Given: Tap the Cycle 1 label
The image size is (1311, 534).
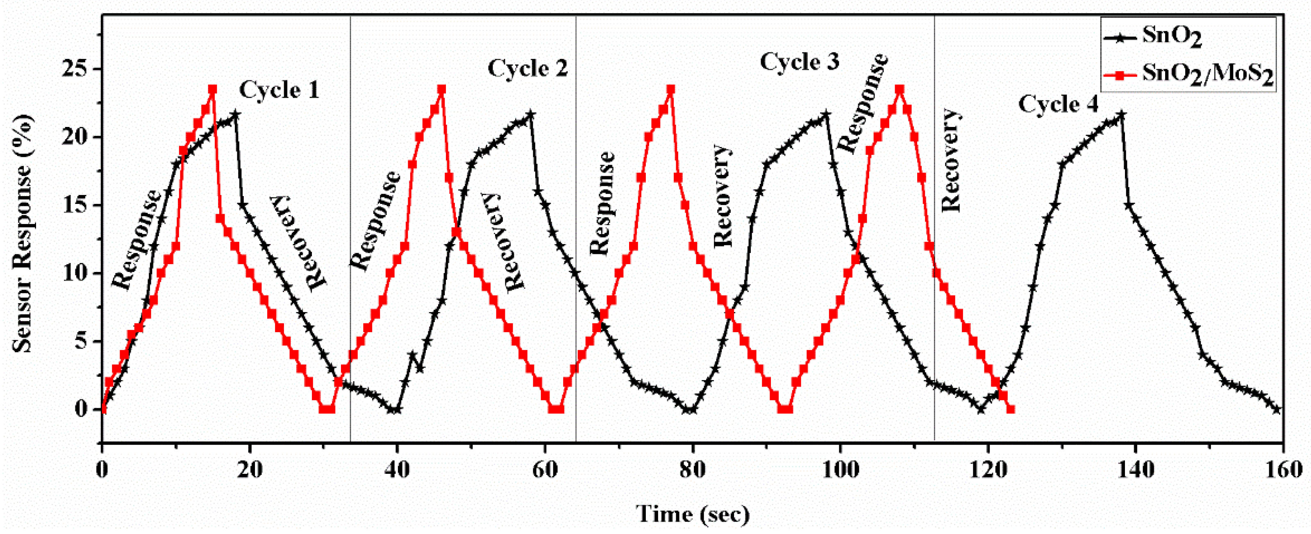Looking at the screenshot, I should click(279, 90).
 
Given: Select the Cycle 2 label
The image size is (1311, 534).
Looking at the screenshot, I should click(527, 68).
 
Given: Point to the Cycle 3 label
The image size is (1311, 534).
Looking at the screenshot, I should click(799, 62).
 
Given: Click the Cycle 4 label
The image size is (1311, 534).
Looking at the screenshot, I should click(1058, 104).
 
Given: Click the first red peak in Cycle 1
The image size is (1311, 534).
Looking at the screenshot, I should click(213, 89).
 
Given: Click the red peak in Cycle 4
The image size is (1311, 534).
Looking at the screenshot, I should click(899, 89).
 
